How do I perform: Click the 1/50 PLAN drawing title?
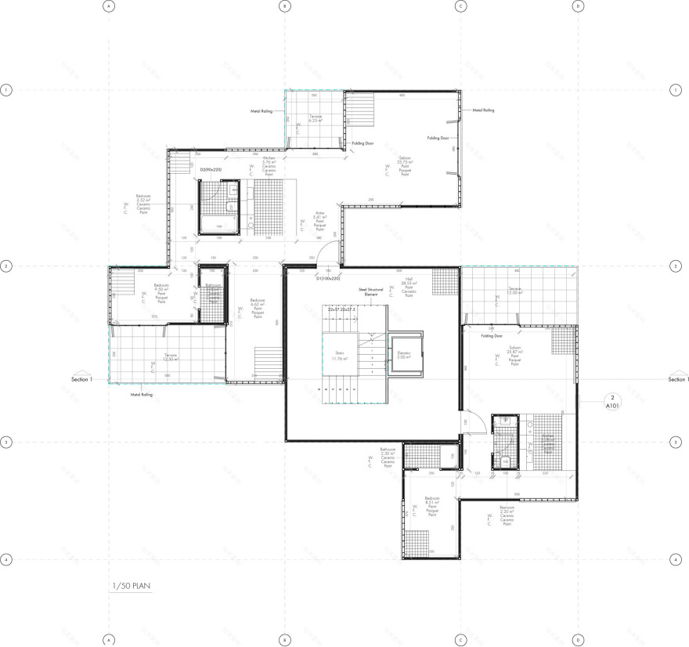(x=130, y=585)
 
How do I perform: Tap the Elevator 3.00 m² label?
(x=406, y=351)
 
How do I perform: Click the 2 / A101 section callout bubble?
(x=612, y=402)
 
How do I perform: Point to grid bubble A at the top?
(x=109, y=6)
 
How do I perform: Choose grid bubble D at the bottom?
(x=578, y=640)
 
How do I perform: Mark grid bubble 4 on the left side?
(x=6, y=560)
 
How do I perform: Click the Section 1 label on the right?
(x=677, y=379)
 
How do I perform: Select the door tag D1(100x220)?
(x=329, y=277)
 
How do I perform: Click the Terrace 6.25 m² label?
(x=316, y=119)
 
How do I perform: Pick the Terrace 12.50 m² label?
(x=171, y=356)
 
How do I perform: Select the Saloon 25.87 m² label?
(x=514, y=350)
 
